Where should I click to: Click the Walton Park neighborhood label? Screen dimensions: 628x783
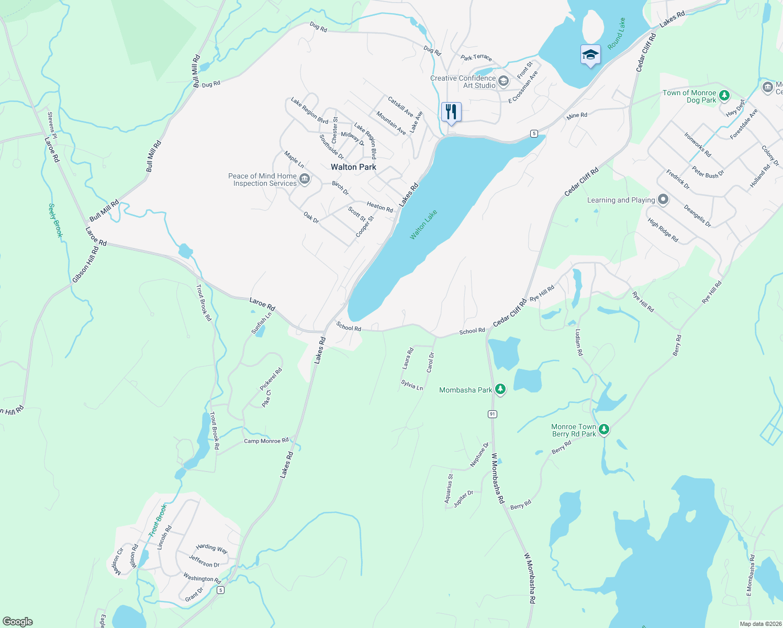(353, 167)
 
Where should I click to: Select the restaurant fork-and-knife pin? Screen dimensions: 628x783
(451, 112)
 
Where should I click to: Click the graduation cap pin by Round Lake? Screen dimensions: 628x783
(590, 55)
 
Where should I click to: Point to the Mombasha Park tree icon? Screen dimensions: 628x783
(500, 389)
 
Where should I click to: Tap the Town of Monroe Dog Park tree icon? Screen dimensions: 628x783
(724, 95)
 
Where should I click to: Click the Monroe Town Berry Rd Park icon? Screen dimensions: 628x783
(604, 430)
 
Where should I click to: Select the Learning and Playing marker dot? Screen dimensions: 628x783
(663, 199)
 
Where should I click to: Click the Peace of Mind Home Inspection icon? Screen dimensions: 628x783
(305, 180)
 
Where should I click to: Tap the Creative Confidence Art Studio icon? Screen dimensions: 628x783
(504, 81)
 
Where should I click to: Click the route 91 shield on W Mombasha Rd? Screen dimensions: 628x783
(492, 414)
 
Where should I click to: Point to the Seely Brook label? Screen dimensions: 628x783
(55, 220)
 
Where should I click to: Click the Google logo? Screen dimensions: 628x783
(18, 622)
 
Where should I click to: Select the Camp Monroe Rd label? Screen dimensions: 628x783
(266, 441)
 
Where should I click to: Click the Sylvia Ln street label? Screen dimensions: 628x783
(412, 385)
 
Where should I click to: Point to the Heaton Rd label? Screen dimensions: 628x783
(380, 207)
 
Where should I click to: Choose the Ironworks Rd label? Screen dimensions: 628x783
(698, 145)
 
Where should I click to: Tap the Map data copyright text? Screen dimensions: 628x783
(759, 624)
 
